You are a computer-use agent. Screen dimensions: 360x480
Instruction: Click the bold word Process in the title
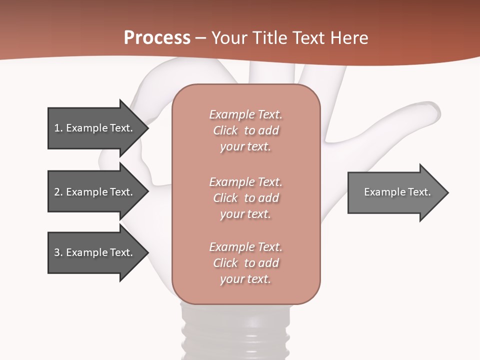point(157,38)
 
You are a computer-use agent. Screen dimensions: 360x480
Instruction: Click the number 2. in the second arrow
point(58,192)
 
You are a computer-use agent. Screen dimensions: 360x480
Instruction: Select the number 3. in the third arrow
point(58,252)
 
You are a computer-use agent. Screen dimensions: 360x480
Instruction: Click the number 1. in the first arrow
point(58,128)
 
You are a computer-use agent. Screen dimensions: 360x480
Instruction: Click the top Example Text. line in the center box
point(245,114)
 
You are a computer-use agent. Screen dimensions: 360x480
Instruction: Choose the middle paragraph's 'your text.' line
point(245,214)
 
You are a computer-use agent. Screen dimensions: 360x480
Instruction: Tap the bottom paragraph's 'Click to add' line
point(245,263)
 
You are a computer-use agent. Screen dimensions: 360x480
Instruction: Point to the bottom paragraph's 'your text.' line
point(245,279)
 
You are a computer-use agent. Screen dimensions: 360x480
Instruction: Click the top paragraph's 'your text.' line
point(245,147)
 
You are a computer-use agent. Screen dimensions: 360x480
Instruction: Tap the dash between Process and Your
point(201,38)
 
